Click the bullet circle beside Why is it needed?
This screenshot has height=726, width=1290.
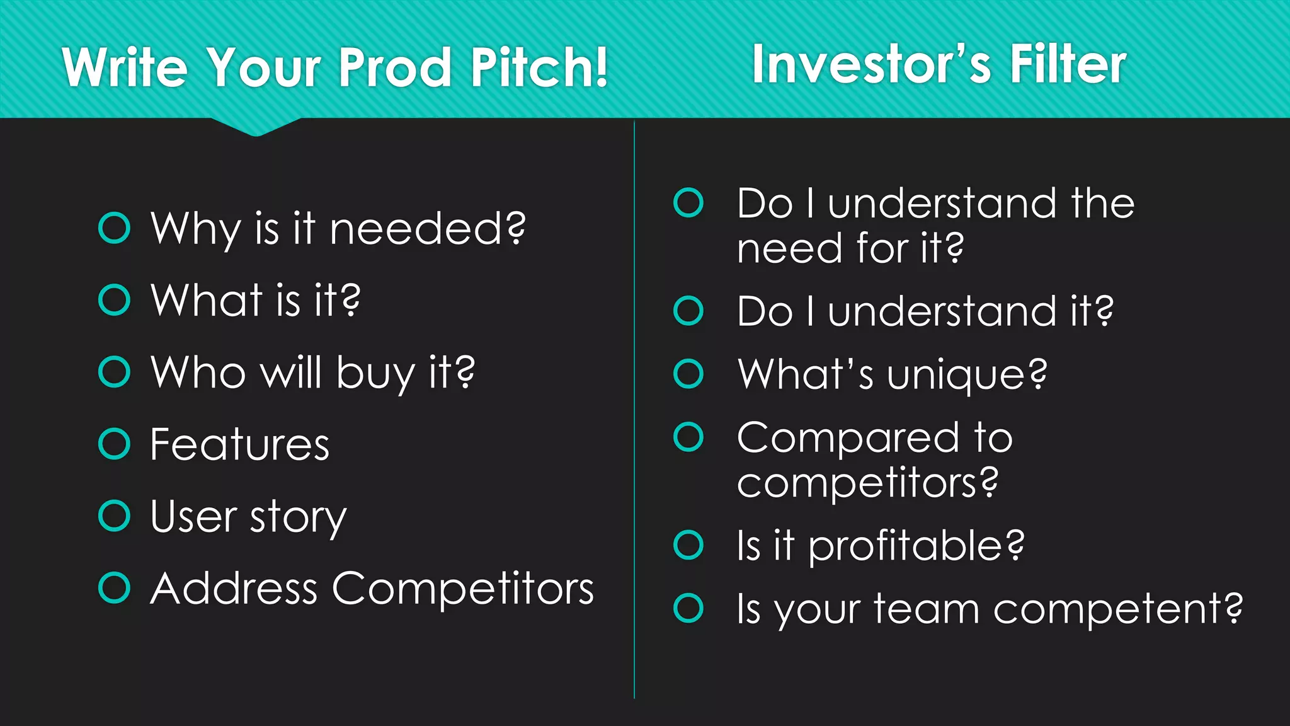tap(114, 228)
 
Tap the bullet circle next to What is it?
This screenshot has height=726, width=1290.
tap(114, 300)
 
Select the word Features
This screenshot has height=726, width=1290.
tap(240, 445)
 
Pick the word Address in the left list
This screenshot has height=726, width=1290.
tap(234, 589)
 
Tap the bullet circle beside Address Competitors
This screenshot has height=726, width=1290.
tap(114, 588)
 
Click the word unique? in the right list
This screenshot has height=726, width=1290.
tap(967, 375)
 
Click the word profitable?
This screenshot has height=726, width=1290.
tap(916, 546)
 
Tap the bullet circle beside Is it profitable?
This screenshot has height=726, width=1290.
tap(688, 545)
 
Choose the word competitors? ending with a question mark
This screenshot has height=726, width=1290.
tap(867, 483)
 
